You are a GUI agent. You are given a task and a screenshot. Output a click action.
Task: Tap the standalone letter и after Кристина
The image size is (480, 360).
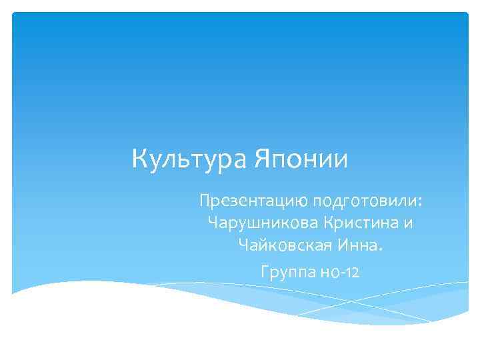tap(408, 223)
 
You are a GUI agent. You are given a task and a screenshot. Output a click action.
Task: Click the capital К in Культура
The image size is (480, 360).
tap(141, 161)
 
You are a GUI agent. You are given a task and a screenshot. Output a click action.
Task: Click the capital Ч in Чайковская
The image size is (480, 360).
tap(242, 247)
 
